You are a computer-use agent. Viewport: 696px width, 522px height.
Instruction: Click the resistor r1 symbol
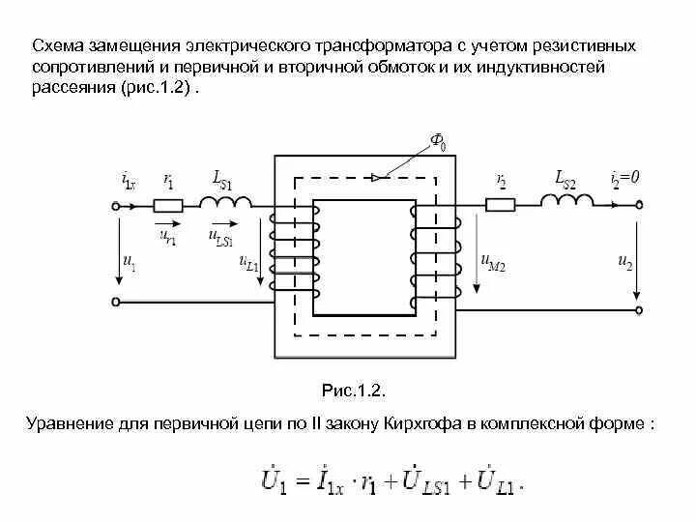(x=169, y=205)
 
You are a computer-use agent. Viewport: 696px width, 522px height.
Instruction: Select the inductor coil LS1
(x=226, y=201)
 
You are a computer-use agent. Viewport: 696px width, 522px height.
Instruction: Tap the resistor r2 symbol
(x=500, y=205)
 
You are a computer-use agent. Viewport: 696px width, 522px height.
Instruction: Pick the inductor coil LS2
(x=567, y=200)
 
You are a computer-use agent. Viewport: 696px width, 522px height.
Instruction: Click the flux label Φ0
(x=438, y=145)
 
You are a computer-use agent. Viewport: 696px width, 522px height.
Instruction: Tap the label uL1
(x=247, y=263)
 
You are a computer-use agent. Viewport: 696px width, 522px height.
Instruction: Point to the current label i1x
(x=130, y=181)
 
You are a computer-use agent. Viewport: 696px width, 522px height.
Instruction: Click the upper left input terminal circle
(x=115, y=205)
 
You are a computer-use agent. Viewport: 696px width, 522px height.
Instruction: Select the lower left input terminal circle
(x=115, y=302)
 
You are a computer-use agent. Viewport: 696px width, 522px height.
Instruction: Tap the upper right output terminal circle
(x=639, y=205)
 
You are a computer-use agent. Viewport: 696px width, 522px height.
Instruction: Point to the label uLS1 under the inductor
(x=221, y=234)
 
